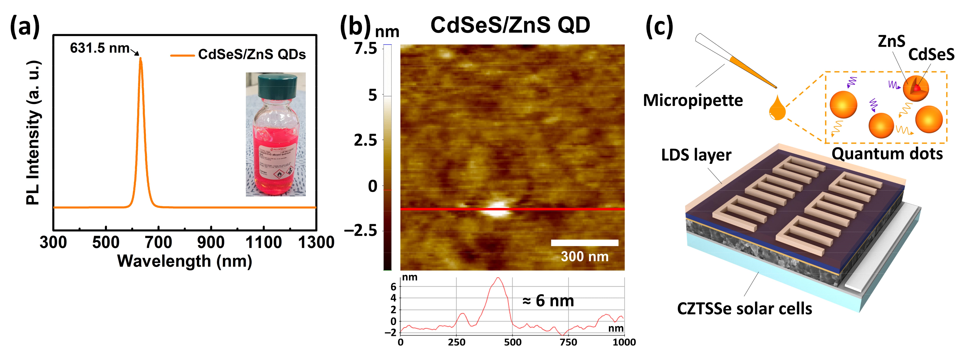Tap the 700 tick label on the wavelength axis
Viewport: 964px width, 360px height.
158,243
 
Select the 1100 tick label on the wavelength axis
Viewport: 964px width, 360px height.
263,243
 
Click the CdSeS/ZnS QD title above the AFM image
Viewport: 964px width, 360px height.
510,26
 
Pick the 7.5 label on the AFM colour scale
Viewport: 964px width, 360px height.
366,49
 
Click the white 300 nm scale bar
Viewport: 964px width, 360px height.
584,243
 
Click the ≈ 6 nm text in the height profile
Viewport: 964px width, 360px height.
548,301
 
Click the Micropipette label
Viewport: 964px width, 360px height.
693,100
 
